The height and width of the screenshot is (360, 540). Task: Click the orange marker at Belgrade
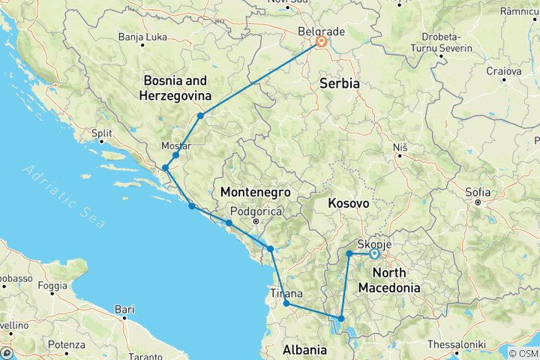pyautogui.click(x=321, y=42)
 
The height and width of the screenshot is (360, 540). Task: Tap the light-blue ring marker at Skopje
pyautogui.click(x=374, y=254)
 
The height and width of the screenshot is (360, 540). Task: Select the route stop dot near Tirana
pyautogui.click(x=286, y=304)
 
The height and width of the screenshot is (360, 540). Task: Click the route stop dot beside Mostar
pyautogui.click(x=175, y=155)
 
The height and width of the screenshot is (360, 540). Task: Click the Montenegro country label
pyautogui.click(x=255, y=193)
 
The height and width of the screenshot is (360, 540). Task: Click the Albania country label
pyautogui.click(x=304, y=350)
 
